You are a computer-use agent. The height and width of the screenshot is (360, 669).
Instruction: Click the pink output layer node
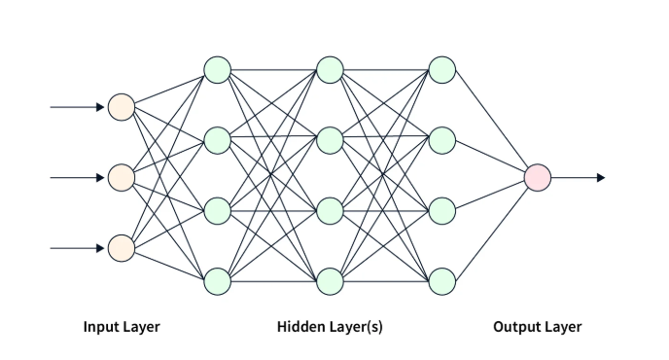click(x=537, y=177)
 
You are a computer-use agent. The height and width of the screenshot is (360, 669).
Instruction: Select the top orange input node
click(x=121, y=107)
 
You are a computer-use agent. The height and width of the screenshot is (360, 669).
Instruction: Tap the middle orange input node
click(x=121, y=177)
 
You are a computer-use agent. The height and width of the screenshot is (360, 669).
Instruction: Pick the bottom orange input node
click(x=121, y=248)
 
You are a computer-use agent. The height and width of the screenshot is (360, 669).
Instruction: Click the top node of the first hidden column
click(x=217, y=70)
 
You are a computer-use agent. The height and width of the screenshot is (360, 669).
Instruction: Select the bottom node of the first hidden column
click(x=217, y=281)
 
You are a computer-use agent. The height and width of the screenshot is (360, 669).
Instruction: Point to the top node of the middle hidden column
click(x=330, y=70)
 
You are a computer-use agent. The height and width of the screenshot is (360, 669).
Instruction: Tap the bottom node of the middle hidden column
click(x=330, y=281)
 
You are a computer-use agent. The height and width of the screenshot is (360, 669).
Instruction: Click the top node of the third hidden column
click(x=442, y=70)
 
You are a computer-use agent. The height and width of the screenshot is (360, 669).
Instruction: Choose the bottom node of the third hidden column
click(x=442, y=281)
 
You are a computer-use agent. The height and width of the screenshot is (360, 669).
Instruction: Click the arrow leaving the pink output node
click(x=579, y=177)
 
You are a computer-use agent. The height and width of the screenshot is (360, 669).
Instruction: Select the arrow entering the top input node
click(x=77, y=107)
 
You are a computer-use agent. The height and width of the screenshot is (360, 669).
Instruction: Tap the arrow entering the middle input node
click(x=77, y=177)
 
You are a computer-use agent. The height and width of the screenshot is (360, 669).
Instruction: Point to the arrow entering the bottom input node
click(x=77, y=248)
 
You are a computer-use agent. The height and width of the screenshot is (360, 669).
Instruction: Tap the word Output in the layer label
click(x=515, y=327)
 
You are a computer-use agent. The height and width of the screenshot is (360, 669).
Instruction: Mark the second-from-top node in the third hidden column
click(x=442, y=140)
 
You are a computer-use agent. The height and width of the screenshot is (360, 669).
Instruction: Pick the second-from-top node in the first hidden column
click(x=217, y=140)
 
